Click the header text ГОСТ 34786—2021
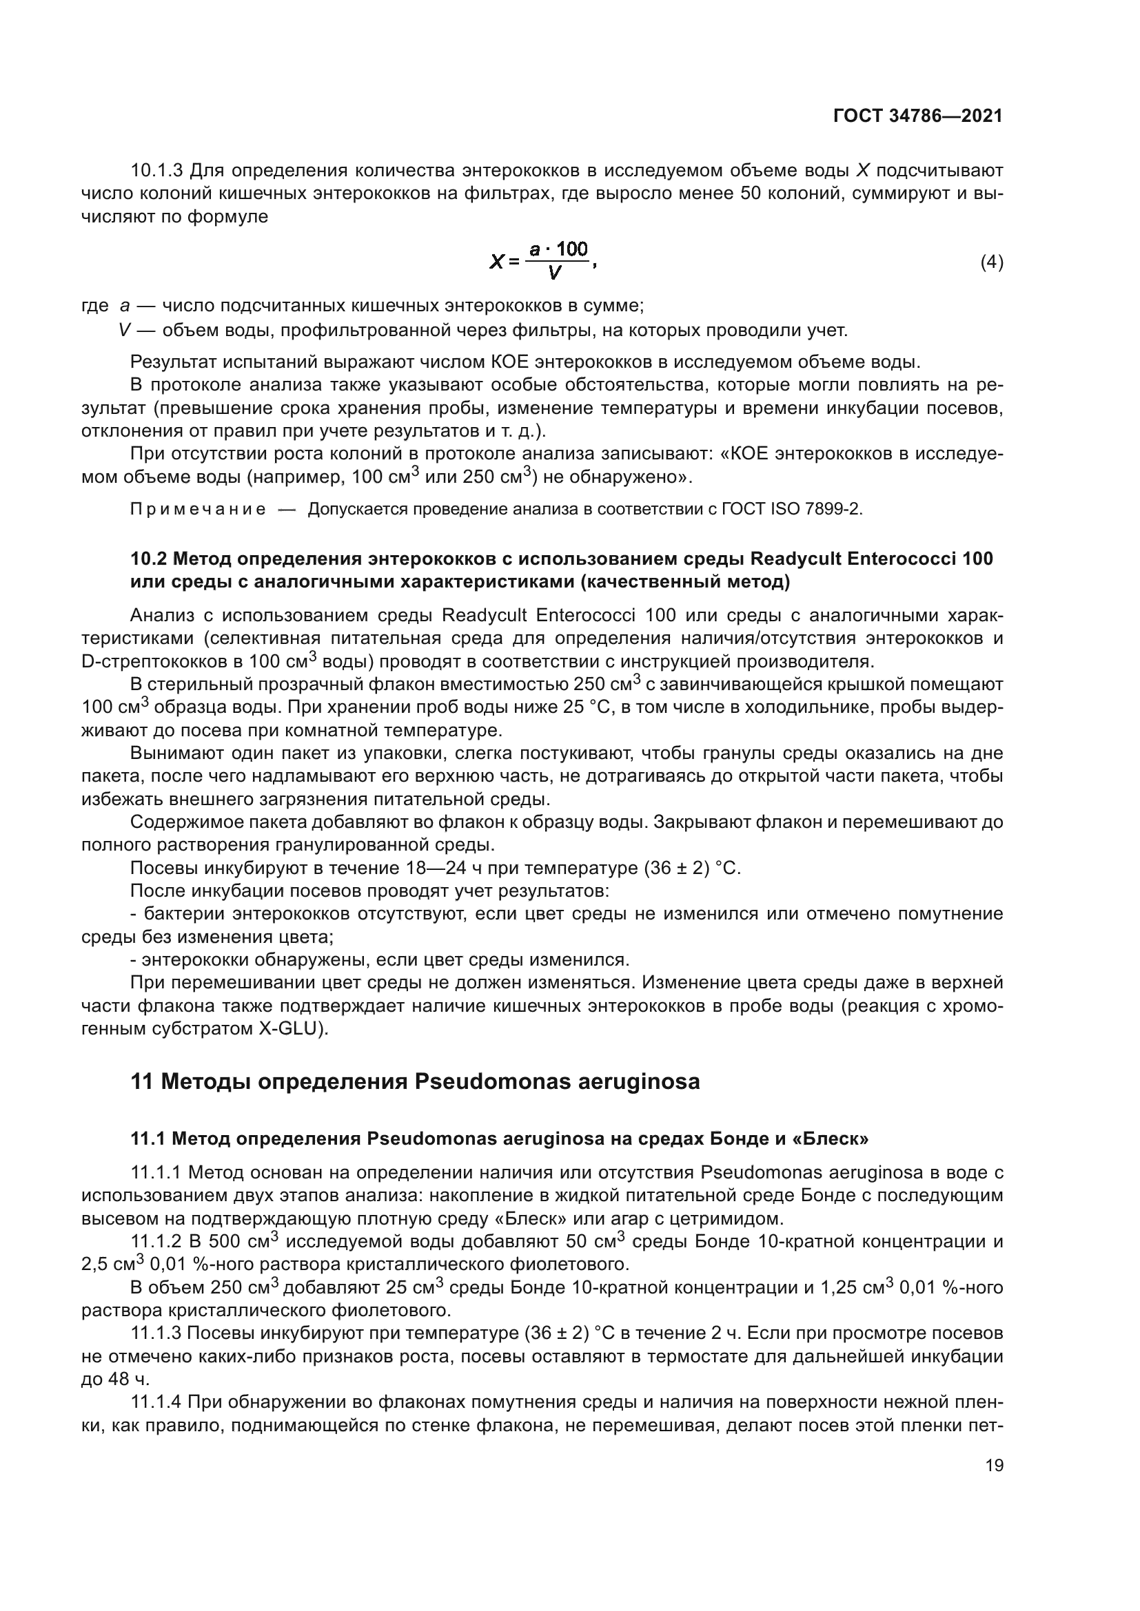(917, 116)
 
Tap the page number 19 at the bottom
(994, 1465)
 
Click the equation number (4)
(991, 262)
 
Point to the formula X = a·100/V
(542, 261)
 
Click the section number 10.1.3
(156, 171)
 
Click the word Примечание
(198, 510)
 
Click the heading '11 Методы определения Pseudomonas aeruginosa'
(415, 1081)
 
